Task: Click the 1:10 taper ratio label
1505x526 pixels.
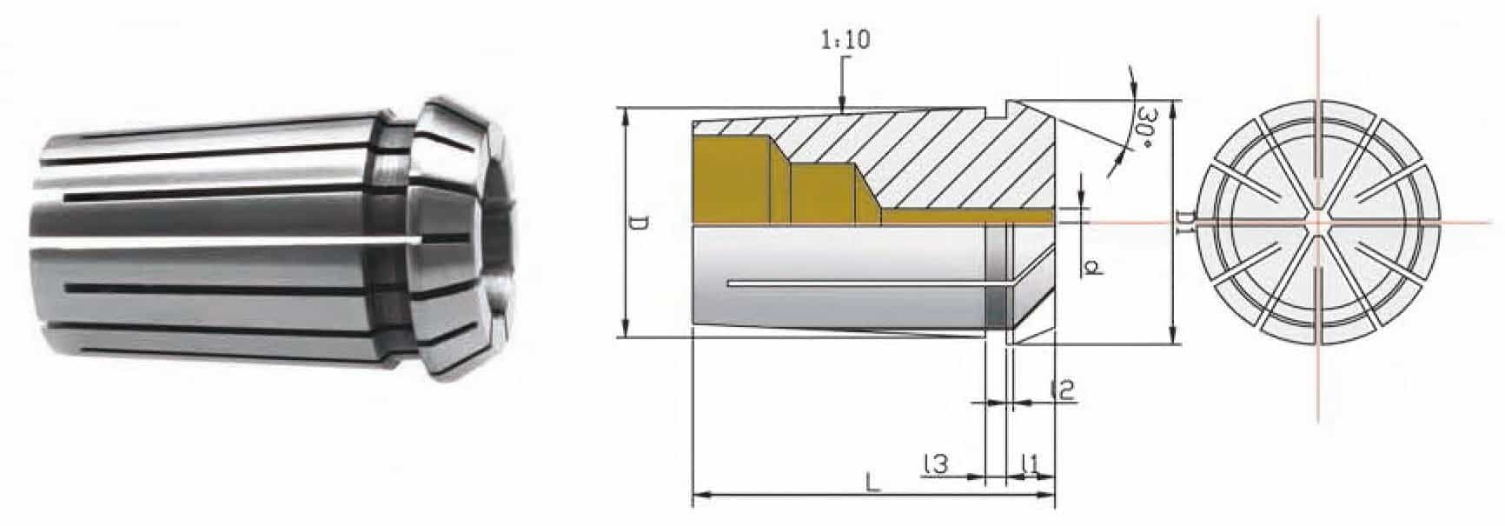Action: tap(845, 40)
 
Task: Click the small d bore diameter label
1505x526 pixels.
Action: tap(1093, 266)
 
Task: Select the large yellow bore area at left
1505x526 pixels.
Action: tap(730, 183)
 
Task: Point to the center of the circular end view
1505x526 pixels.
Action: tap(1317, 222)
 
